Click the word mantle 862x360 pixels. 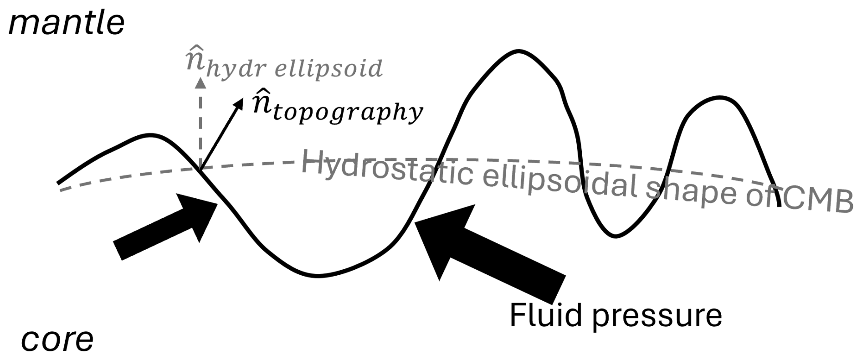[x=67, y=23]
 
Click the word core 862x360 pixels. [x=57, y=339]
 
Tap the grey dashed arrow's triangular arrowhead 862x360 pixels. [x=200, y=82]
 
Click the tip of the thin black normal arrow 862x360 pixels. [x=243, y=99]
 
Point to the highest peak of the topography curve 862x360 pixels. [x=518, y=51]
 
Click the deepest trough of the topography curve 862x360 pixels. [x=318, y=275]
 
